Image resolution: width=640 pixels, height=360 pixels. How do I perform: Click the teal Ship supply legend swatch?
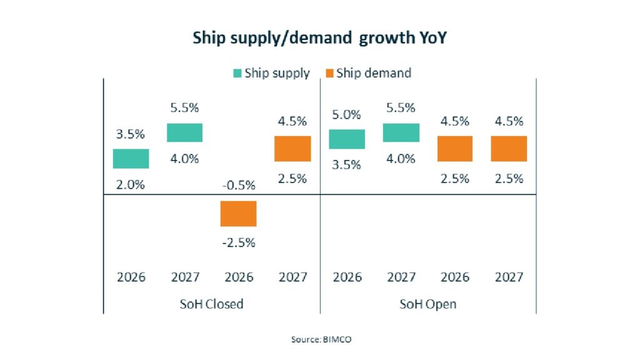pos(237,73)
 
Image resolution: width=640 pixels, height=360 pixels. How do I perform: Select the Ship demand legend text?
pos(374,73)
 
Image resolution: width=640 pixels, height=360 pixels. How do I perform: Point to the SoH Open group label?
pos(428,304)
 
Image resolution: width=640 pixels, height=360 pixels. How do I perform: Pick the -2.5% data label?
pos(238,242)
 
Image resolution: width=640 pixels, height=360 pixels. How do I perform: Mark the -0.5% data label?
pos(238,184)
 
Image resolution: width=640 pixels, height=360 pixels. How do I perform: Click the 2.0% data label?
pos(131,184)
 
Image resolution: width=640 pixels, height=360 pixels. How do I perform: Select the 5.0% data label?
pos(346,114)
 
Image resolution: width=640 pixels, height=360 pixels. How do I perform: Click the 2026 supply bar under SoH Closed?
pos(131,159)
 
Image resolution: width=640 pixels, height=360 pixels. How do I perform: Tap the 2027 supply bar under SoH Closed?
pos(184,132)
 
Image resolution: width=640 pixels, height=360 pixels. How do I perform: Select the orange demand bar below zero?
pos(238,214)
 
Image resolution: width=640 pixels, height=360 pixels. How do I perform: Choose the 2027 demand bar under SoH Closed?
pos(292,149)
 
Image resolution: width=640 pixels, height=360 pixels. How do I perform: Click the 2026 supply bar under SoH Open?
pos(346,139)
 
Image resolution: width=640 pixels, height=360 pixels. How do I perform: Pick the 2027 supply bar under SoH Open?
pos(401,132)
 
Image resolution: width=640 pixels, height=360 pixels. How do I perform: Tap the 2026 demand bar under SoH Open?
pos(454,149)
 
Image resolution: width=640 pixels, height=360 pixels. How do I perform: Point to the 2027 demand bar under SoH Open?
pos(509,149)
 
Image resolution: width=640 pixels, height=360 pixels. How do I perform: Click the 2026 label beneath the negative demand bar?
pos(238,277)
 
